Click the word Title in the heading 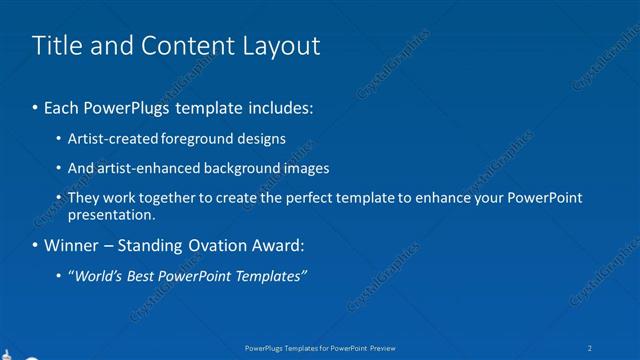[x=58, y=46]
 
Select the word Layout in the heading [x=280, y=46]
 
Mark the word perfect [x=311, y=198]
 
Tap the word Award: [x=276, y=245]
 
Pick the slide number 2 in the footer [x=591, y=347]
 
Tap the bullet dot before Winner [x=36, y=245]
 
